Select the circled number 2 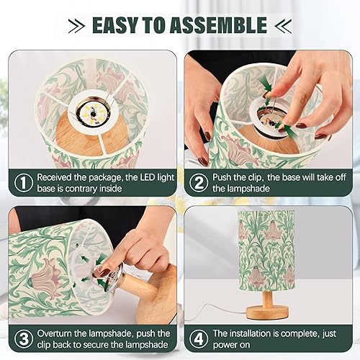[198, 183]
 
